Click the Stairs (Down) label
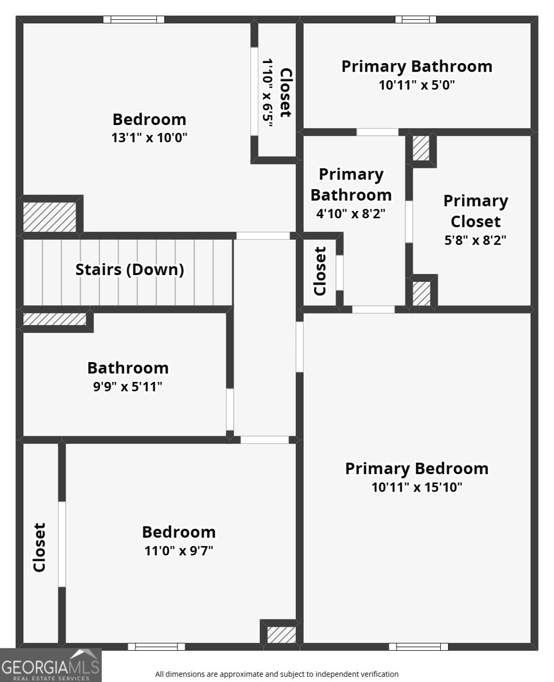130,269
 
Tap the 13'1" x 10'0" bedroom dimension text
150,138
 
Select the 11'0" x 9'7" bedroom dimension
179,551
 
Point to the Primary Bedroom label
417,469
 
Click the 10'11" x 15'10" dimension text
417,487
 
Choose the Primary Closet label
476,211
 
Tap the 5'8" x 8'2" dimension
476,240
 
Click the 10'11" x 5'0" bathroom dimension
417,85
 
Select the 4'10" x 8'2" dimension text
351,213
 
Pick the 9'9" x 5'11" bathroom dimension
127,386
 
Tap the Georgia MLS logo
51,665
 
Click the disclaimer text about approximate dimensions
277,674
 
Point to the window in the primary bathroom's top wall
416,19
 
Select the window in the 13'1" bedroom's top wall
134,19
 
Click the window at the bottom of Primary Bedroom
419,646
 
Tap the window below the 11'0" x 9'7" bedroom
156,646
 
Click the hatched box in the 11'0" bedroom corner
282,635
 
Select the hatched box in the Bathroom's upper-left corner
55,319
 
